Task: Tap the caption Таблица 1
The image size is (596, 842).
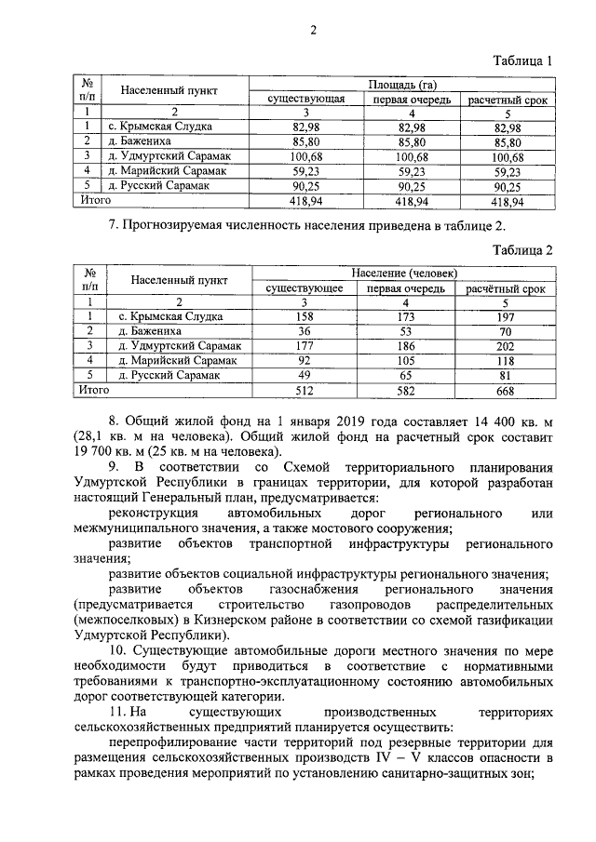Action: [522, 60]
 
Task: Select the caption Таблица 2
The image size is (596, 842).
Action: [522, 250]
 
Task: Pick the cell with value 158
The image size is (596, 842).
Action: [303, 316]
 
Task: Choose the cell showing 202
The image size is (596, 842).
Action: [505, 345]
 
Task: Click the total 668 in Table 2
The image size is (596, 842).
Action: [505, 390]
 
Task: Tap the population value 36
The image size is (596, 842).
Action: [303, 330]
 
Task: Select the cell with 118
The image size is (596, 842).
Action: [505, 360]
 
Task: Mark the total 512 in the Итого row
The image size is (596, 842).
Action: [303, 390]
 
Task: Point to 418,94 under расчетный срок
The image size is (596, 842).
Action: [508, 200]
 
